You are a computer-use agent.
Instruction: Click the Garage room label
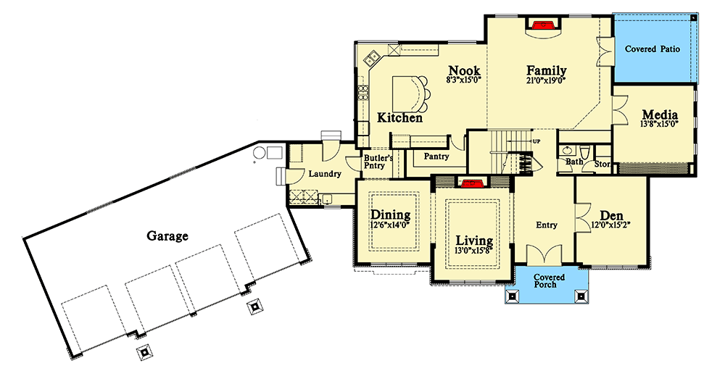[x=167, y=235]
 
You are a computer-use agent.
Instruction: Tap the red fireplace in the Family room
[x=546, y=25]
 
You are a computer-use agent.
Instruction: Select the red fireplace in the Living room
[x=473, y=183]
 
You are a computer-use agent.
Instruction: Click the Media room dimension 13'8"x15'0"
[x=659, y=125]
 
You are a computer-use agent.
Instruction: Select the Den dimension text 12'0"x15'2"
[x=611, y=225]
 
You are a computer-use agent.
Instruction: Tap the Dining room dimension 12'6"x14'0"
[x=391, y=225]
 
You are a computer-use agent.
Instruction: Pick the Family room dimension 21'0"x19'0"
[x=546, y=81]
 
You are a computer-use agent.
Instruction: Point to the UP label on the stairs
[x=536, y=141]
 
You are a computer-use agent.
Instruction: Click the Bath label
[x=573, y=162]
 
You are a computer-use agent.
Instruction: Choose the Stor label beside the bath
[x=602, y=164]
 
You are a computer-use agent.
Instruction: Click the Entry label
[x=546, y=225]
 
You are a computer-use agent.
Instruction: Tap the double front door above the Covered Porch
[x=545, y=256]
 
